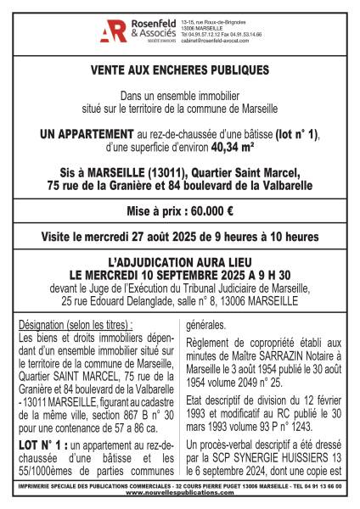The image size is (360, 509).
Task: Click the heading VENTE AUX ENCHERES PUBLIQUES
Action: click(179, 70)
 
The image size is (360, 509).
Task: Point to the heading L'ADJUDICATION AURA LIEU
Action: click(179, 266)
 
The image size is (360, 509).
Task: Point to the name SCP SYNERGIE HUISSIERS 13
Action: click(272, 456)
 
